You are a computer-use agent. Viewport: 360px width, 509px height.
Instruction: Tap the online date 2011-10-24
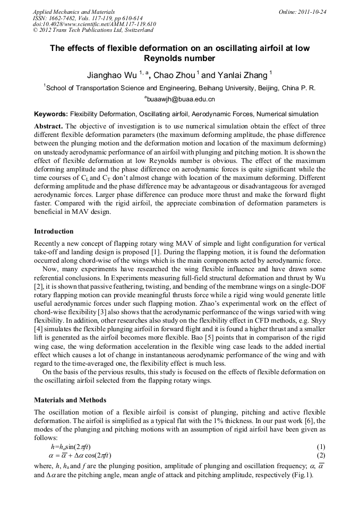coord(313,11)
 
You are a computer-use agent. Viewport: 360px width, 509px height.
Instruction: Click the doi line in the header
coord(94,24)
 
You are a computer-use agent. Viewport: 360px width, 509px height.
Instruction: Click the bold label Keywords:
coord(51,114)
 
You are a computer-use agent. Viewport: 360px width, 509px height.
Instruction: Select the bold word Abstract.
coord(48,126)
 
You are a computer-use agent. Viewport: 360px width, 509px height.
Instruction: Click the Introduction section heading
coord(54,231)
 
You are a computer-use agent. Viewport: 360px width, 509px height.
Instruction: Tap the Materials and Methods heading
coord(70,400)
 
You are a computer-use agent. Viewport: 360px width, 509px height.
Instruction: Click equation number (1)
coord(320,447)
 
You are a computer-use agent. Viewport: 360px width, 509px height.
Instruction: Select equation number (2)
coord(320,455)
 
